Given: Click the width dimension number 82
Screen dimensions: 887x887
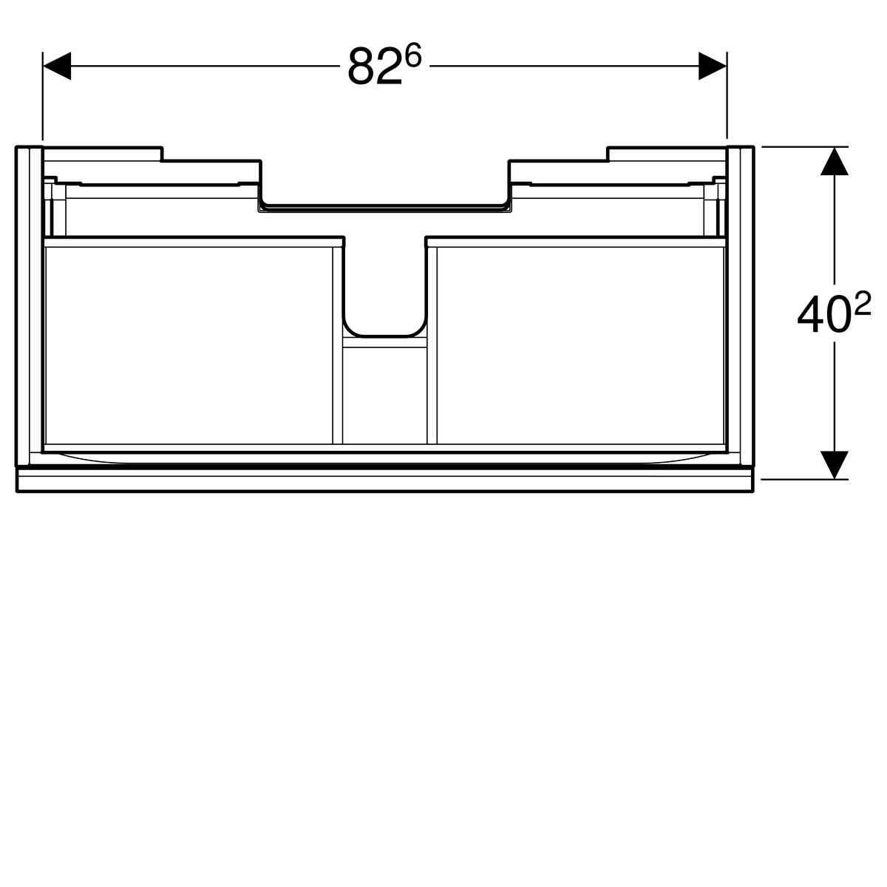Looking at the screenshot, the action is [x=375, y=67].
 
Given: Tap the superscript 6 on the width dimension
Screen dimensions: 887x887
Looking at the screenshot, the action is [x=414, y=55].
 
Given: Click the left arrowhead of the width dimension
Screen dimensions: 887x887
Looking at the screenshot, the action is [x=57, y=66].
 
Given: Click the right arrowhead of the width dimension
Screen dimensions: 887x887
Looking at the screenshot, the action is [x=713, y=66].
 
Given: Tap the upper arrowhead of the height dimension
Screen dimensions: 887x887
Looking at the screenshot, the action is [x=835, y=161].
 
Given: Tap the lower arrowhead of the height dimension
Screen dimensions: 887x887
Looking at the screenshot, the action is [x=835, y=464].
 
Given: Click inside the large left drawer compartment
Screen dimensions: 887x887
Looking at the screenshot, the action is [x=188, y=345].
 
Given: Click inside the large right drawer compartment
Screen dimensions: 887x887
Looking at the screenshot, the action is [x=580, y=345].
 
